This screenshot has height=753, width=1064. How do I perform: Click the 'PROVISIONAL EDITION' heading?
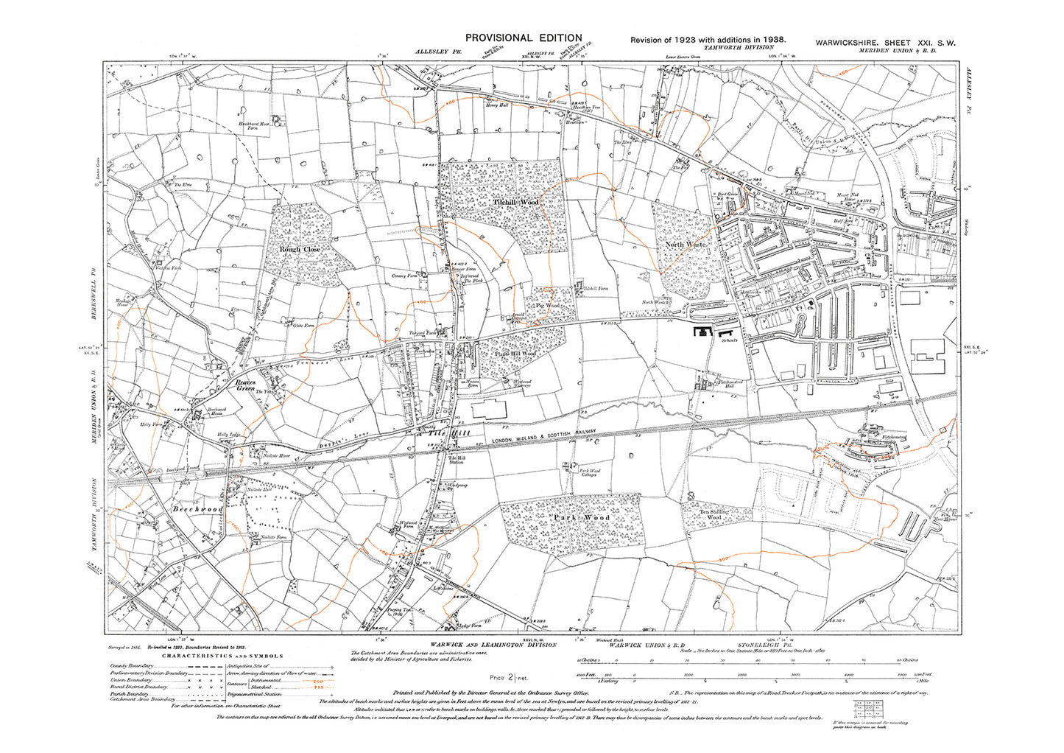(x=522, y=38)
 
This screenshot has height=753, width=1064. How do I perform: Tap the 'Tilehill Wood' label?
(x=515, y=202)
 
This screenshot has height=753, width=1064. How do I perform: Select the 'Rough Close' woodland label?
(x=300, y=250)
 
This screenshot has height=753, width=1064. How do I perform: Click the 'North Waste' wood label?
(x=686, y=244)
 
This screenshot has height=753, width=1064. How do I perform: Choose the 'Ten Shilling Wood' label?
(x=714, y=514)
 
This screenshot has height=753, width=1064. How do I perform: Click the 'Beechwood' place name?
(x=197, y=509)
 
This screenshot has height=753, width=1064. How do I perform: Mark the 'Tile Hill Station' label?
(x=456, y=459)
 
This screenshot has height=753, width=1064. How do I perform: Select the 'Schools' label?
(x=730, y=341)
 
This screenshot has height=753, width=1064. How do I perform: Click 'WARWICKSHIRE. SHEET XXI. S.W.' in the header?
(x=885, y=43)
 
